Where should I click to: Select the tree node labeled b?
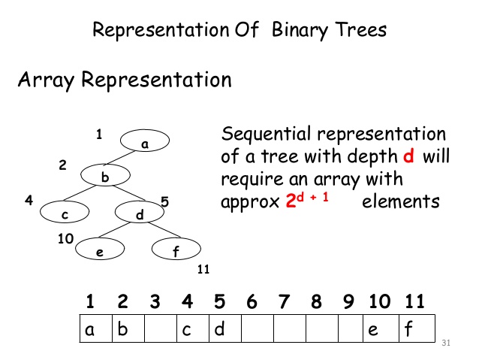pyautogui.click(x=106, y=176)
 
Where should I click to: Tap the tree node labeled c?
pyautogui.click(x=65, y=213)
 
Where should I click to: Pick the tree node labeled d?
pyautogui.click(x=139, y=213)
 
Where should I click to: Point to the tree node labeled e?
pyautogui.click(x=100, y=250)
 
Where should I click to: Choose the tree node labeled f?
pyautogui.click(x=176, y=250)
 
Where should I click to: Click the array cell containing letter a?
pyautogui.click(x=96, y=329)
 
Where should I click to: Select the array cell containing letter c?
pyautogui.click(x=192, y=329)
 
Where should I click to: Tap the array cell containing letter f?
pyautogui.click(x=417, y=329)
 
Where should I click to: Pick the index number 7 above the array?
pyautogui.click(x=284, y=302)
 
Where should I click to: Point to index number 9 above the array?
pyautogui.click(x=348, y=302)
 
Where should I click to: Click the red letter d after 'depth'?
pyautogui.click(x=408, y=157)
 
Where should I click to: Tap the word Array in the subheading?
pyautogui.click(x=47, y=79)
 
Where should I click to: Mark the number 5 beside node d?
pyautogui.click(x=164, y=201)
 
